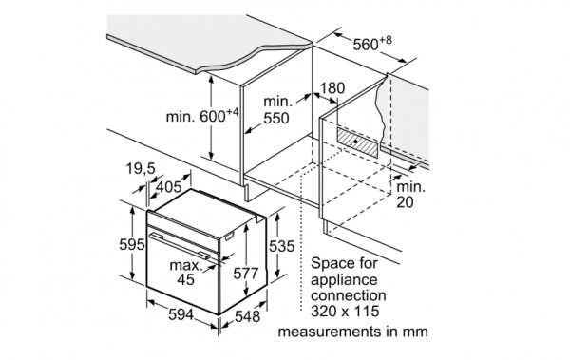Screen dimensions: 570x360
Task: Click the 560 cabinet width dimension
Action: point(372,44)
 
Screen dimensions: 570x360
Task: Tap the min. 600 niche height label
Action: point(202,116)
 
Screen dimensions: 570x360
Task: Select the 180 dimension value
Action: point(332,88)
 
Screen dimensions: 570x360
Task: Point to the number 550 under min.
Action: point(276,118)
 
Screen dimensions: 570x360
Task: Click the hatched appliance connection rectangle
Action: point(358,142)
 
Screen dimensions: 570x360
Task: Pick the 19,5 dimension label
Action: point(141,168)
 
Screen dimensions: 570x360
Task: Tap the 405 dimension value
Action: point(168,187)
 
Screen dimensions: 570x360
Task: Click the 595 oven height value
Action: point(132,244)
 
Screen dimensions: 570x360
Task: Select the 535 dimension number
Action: point(281,246)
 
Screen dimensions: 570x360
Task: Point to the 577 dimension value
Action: point(246,274)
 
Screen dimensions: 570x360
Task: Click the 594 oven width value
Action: point(180,314)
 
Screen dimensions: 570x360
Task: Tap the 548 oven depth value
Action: point(248,316)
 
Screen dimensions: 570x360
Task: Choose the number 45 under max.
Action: point(186,279)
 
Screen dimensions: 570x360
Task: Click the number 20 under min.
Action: point(405,202)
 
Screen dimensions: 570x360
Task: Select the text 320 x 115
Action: point(345,312)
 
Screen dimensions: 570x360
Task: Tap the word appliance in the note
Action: point(344,280)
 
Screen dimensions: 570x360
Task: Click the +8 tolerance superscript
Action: point(386,40)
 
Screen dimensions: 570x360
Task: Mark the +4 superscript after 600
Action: point(233,113)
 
